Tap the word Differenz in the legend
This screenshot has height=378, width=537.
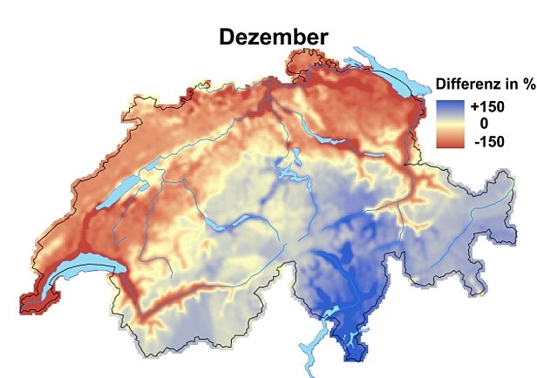(468, 84)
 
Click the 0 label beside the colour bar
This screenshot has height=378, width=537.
(484, 123)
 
